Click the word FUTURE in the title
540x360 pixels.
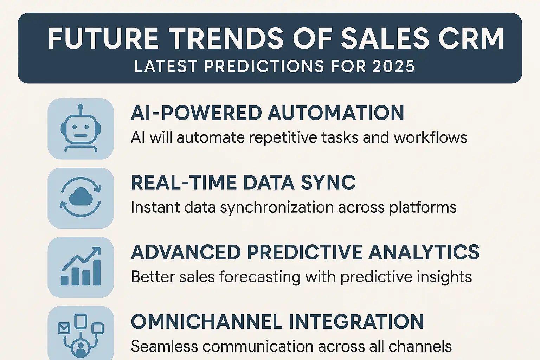click(103, 39)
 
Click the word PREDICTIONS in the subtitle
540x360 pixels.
click(264, 66)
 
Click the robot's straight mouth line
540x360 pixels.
click(81, 135)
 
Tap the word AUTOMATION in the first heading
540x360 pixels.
click(336, 112)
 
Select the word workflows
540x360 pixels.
click(430, 138)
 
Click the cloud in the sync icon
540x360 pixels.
click(81, 197)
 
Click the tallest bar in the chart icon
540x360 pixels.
click(97, 272)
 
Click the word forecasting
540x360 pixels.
click(260, 277)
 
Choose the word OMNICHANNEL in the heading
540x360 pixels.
click(207, 321)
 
